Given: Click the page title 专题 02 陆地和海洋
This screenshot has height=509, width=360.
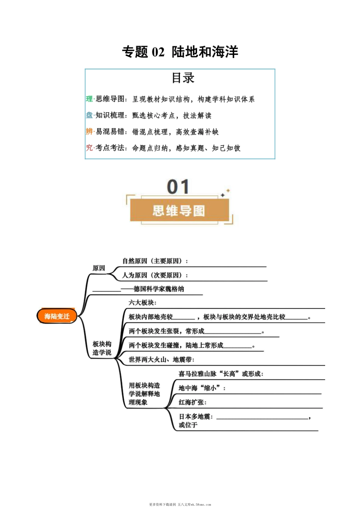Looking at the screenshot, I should point(180,52).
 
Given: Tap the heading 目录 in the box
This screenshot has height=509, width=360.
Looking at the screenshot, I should point(183,78).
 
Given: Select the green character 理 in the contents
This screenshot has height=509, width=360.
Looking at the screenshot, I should point(89,99).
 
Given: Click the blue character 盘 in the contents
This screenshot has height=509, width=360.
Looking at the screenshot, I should point(89,115).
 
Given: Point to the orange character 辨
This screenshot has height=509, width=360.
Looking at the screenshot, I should point(89,132).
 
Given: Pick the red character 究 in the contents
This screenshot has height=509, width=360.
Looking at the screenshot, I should point(89,148).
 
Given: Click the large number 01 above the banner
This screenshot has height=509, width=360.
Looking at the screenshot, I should point(178,187).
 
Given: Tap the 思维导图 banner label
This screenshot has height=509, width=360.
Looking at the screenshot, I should point(179,211).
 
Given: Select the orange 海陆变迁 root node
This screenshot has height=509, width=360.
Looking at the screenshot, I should point(57,316).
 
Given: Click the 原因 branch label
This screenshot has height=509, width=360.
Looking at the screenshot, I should point(99,268).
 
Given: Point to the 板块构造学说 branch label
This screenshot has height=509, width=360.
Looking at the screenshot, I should point(102,348).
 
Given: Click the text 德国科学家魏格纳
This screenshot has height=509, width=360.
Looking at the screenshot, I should point(159,289).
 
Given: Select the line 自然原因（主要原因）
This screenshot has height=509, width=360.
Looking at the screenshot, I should point(155,261).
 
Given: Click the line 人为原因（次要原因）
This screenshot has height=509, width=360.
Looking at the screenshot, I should point(155,275).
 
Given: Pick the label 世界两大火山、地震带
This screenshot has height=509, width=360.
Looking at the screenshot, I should point(161,359).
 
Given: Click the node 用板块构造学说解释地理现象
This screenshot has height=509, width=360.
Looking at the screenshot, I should point(144,394).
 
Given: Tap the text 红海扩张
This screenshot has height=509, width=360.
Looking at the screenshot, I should point(193,402).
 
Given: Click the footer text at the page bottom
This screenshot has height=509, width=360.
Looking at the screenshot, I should point(180,504).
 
